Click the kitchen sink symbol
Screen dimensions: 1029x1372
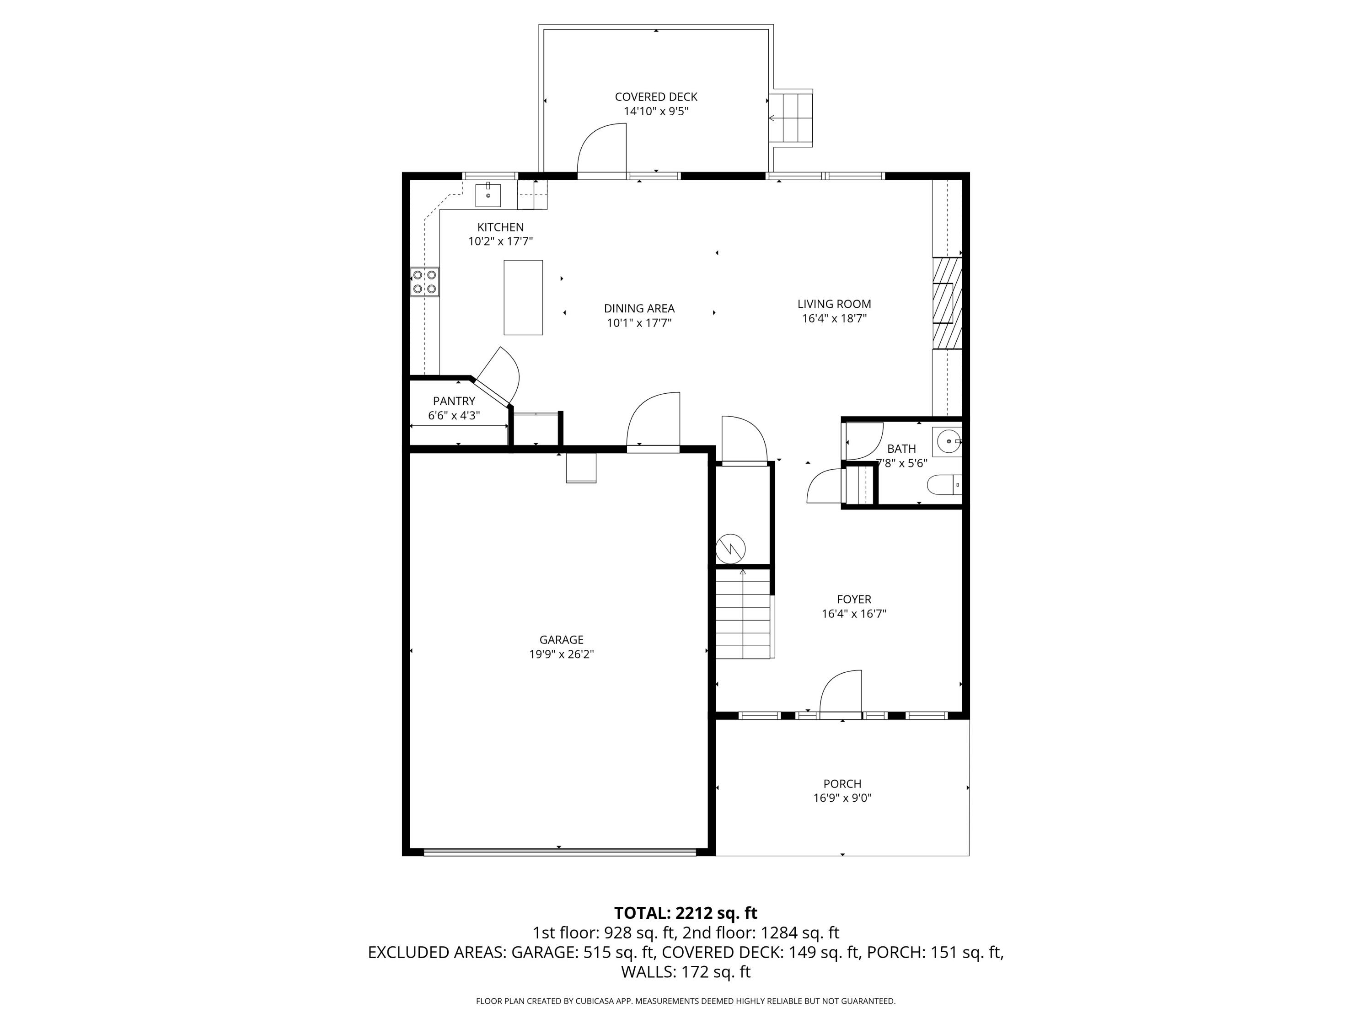coord(488,195)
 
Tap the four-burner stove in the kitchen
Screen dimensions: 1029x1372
coord(425,282)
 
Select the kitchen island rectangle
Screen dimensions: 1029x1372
coord(523,298)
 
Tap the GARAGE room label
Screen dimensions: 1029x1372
coord(561,639)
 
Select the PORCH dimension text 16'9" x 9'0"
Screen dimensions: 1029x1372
coord(842,798)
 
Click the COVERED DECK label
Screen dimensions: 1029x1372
coord(656,97)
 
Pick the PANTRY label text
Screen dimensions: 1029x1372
coord(454,401)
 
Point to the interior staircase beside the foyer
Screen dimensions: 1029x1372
coord(743,615)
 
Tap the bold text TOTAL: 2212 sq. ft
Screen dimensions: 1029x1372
coord(686,913)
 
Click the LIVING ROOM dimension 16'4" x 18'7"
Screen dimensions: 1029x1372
coord(834,319)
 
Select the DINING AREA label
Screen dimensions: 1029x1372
coord(639,308)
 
